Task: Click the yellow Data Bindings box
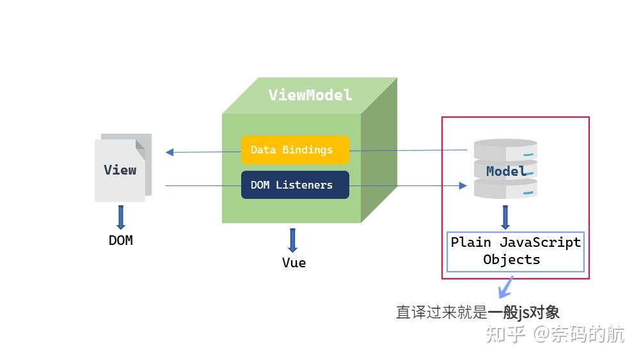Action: coord(295,150)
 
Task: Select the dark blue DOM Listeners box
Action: coord(295,185)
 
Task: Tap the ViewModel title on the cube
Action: coord(310,95)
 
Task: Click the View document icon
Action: coord(123,168)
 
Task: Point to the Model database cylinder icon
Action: coord(505,169)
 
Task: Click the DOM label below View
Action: coord(121,240)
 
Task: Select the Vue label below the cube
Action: coord(294,263)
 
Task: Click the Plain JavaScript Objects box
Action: coord(516,252)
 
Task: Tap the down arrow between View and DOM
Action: coord(121,217)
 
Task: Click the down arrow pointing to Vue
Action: coord(292,240)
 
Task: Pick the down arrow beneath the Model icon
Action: coord(505,217)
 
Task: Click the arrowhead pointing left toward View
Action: coord(170,152)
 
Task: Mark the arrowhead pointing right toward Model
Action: coord(463,186)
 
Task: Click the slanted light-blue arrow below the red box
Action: coord(505,287)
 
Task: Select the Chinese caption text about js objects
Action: coord(477,313)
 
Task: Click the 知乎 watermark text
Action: coord(505,334)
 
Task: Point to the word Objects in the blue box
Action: coord(511,260)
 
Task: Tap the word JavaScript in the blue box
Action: coord(540,242)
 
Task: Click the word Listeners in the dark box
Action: coord(304,185)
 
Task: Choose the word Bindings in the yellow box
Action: coord(308,150)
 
